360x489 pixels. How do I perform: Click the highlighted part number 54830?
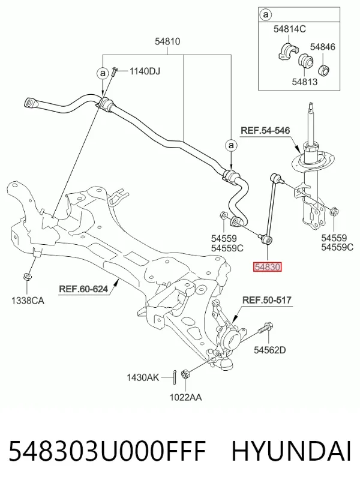point(268,267)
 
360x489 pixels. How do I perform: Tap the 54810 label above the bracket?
point(167,41)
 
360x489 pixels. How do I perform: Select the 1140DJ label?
point(145,71)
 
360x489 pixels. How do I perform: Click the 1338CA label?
point(28,301)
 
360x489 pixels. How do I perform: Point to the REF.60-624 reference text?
point(83,289)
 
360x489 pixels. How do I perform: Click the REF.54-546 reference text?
point(265,130)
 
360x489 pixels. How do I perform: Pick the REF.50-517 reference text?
point(267,300)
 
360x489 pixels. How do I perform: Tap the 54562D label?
point(270,350)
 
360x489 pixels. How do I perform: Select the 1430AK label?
point(143,377)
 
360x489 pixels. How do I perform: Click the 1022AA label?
point(185,397)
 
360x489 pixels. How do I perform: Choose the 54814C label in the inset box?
point(290,29)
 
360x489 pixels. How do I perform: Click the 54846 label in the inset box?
point(323,47)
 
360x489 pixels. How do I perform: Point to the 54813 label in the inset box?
point(304,82)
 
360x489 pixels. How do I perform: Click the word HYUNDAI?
point(292,451)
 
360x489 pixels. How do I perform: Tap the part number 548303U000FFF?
point(107,451)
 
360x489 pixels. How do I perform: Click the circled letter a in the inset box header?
point(266,14)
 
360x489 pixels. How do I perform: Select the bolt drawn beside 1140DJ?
point(113,72)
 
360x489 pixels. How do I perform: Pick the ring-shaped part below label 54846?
point(325,70)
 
